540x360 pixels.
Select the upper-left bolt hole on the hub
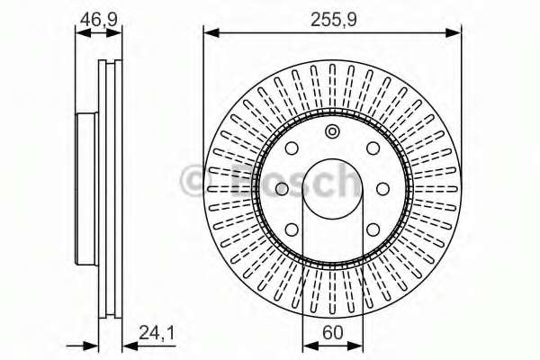tap(293, 150)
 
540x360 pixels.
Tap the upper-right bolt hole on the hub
tap(371, 150)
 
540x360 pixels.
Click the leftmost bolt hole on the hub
tap(282, 188)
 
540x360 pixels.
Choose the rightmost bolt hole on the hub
tap(382, 188)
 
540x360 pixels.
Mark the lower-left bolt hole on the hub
tap(293, 227)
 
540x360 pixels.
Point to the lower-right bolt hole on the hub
tap(371, 227)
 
